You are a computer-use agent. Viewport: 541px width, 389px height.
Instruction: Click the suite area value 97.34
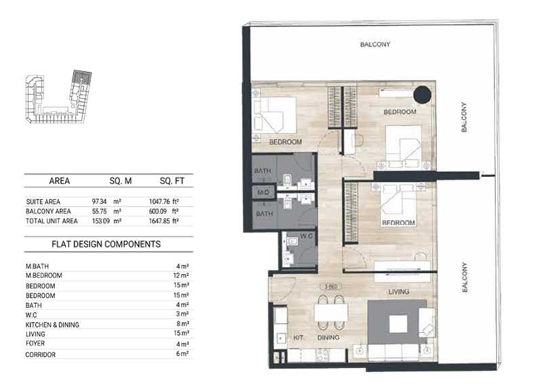pos(99,201)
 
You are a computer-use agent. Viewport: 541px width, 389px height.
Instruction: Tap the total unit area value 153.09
pos(101,221)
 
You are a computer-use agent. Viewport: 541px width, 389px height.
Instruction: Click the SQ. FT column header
pos(172,181)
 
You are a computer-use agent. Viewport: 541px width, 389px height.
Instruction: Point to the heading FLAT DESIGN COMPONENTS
pos(106,244)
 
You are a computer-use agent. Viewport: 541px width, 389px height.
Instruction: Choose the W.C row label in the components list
pos(31,315)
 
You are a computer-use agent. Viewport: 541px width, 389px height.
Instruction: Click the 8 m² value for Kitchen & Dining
pos(183,324)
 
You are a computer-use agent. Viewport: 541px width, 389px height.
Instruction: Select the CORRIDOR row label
pos(41,354)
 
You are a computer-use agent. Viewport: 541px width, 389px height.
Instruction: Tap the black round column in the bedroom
pos(423,94)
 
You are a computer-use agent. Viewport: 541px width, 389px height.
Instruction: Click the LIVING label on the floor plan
pos(399,292)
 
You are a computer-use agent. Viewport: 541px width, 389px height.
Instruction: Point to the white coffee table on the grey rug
pos(398,325)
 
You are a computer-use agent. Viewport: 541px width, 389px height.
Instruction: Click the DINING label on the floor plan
pos(328,337)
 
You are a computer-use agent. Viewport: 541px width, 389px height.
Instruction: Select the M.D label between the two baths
pos(263,192)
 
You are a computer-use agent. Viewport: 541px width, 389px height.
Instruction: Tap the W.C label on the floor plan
pos(306,236)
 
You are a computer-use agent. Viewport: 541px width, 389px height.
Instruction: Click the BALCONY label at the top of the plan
pos(375,44)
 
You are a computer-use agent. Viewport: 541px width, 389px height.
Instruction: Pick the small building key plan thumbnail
pos(58,97)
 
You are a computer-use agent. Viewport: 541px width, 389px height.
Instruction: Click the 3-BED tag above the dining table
pos(330,287)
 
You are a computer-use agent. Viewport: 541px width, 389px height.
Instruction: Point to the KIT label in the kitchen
pos(298,337)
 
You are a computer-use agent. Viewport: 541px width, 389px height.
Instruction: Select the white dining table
pos(331,312)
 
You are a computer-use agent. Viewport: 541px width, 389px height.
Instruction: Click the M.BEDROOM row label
pos(44,275)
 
